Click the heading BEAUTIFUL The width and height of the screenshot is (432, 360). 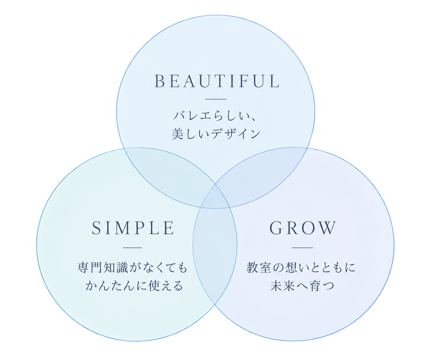[x=217, y=81]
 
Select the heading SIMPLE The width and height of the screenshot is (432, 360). [x=133, y=228]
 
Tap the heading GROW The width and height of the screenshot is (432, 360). [x=303, y=228]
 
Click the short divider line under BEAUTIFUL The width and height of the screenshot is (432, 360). [x=216, y=99]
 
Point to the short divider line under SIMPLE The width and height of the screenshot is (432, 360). [x=132, y=248]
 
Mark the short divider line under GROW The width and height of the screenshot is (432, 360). [x=302, y=248]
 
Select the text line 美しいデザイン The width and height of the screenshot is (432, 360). [x=216, y=134]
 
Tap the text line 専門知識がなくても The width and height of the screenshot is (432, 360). [x=132, y=268]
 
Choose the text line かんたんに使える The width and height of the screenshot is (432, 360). [x=134, y=286]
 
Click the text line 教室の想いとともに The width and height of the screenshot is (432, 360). [x=301, y=268]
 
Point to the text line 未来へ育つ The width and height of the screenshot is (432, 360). [x=302, y=286]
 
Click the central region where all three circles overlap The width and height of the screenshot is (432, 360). [x=215, y=196]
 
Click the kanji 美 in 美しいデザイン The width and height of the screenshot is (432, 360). [x=178, y=134]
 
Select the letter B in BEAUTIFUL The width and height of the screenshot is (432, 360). [x=159, y=81]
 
